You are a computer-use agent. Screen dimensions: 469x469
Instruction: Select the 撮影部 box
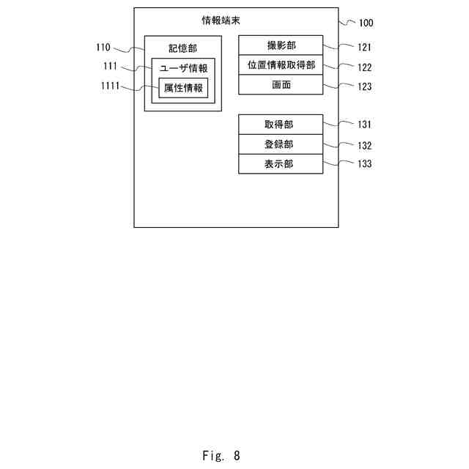pos(281,45)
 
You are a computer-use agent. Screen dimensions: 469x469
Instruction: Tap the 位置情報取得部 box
pos(281,65)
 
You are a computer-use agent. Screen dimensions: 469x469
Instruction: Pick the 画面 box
pos(281,85)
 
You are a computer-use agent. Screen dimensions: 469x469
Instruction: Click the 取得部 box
pos(281,125)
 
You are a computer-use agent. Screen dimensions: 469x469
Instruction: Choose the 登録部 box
pos(281,144)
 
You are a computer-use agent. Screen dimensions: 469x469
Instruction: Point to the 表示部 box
pos(281,164)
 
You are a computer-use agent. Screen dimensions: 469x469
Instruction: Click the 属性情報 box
pos(183,89)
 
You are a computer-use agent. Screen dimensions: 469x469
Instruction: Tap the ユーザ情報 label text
pos(183,68)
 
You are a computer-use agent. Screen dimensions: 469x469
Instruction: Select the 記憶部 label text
pos(182,48)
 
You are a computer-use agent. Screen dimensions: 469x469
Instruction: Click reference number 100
pos(365,23)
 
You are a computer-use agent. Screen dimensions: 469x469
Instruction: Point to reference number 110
pos(103,48)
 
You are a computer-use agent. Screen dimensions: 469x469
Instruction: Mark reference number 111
pos(111,67)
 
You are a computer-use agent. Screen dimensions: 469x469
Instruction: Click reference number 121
pos(364,48)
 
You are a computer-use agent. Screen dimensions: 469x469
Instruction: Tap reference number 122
pos(364,67)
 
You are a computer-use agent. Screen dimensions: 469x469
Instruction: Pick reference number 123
pos(364,87)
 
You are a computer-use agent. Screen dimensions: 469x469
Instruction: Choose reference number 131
pos(364,125)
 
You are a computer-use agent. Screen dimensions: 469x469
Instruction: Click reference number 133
pos(364,164)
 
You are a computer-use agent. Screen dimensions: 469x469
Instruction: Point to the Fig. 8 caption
pos(221,455)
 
